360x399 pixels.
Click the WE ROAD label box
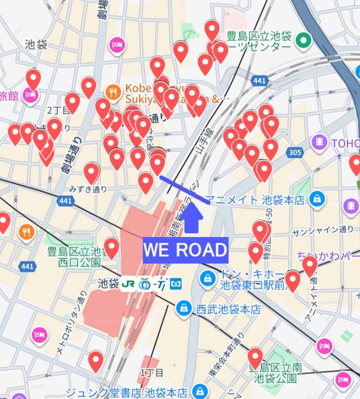click(185, 251)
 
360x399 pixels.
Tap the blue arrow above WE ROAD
click(192, 218)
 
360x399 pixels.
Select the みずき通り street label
click(89, 190)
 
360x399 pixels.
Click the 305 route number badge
click(294, 153)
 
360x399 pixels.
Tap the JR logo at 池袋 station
click(128, 284)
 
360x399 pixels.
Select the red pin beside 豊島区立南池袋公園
click(255, 358)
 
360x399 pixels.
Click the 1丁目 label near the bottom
click(152, 372)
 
